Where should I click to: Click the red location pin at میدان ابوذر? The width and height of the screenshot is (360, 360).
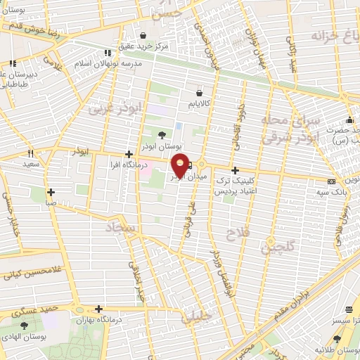tap(181, 166)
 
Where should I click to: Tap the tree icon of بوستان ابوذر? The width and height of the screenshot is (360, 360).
tap(163, 134)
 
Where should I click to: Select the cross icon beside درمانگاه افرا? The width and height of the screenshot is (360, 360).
tap(128, 154)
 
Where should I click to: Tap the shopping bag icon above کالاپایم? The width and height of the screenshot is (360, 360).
tap(200, 92)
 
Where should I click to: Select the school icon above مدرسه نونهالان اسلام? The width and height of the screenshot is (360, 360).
tap(107, 52)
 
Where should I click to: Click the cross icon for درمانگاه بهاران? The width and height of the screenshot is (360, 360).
tap(98, 309)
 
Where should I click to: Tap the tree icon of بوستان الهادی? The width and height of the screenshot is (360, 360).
tap(25, 325)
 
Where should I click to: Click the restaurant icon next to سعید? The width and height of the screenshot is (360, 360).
tap(30, 153)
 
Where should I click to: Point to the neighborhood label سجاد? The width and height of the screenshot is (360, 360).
tap(121, 229)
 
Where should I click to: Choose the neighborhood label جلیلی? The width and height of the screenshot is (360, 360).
tap(197, 317)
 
